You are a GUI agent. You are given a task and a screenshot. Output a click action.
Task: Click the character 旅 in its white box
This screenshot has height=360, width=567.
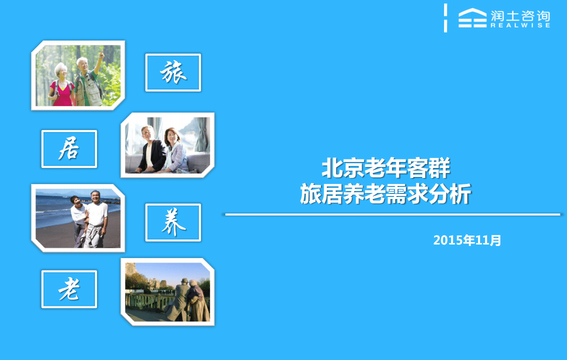(173, 72)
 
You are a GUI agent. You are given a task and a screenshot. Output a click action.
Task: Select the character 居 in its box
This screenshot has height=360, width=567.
(69, 149)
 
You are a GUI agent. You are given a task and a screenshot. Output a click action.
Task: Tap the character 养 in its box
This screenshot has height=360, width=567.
(173, 222)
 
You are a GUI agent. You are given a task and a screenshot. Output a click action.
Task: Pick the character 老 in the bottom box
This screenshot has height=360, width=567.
(69, 289)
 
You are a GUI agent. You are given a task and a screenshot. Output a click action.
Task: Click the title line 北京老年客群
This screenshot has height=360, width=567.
(385, 168)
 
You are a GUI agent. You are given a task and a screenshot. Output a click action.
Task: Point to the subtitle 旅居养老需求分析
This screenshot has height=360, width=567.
(385, 194)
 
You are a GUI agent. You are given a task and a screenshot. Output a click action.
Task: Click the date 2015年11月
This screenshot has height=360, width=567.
(467, 240)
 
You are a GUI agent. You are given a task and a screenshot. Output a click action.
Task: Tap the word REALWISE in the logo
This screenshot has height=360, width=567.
(520, 25)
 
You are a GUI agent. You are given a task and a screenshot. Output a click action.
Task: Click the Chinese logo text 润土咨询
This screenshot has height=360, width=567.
(520, 15)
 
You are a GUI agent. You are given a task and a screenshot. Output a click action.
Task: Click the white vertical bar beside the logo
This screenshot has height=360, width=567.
(445, 18)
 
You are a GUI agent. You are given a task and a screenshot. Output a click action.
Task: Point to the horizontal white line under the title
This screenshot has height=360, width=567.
(392, 214)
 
